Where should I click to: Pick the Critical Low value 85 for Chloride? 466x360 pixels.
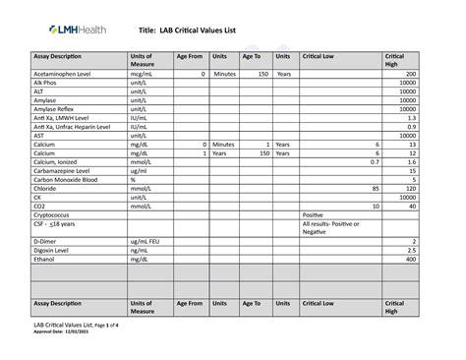coord(375,189)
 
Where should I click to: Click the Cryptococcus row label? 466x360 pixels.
coord(56,214)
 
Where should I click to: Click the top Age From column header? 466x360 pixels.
coord(189,56)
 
